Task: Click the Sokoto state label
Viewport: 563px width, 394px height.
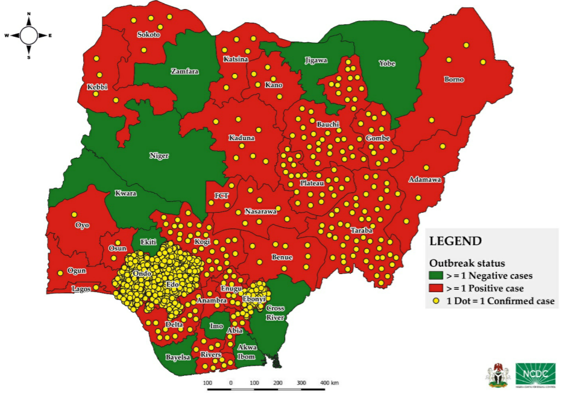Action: tap(148, 35)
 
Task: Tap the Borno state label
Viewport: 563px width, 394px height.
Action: tap(454, 79)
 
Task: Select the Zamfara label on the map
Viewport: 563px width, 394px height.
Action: tap(184, 71)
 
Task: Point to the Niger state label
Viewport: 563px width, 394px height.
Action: tap(159, 155)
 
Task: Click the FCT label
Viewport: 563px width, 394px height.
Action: tap(221, 196)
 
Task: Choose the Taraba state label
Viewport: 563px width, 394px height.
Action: tap(362, 231)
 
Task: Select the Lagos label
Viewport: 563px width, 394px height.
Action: tap(81, 289)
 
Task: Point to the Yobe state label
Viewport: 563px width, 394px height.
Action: tap(386, 63)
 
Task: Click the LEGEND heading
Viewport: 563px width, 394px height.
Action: tap(455, 241)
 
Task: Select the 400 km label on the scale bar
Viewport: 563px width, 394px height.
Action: tap(329, 383)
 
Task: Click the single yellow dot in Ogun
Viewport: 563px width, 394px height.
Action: tap(60, 274)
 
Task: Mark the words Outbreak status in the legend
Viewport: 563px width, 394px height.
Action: tap(467, 263)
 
